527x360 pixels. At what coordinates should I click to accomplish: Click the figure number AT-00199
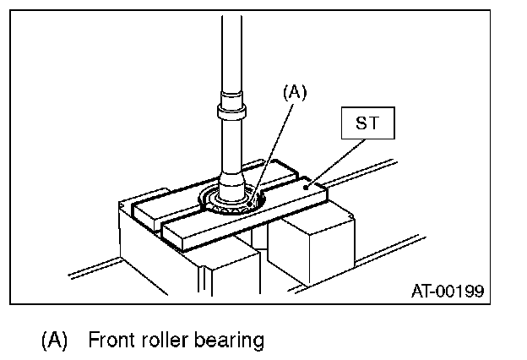pyautogui.click(x=447, y=292)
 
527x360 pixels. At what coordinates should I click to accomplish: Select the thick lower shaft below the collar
pyautogui.click(x=230, y=152)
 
